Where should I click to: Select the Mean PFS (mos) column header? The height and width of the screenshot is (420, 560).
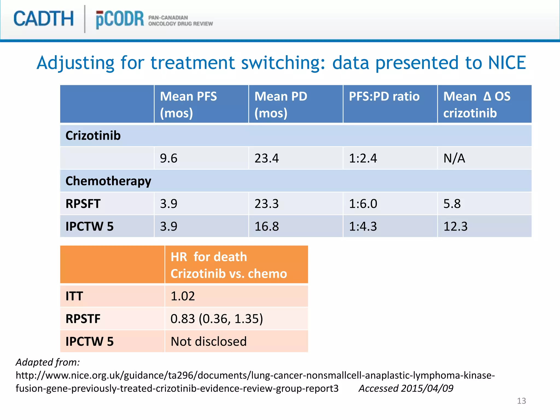[188, 104]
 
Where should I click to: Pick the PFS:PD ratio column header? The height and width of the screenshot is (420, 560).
[384, 97]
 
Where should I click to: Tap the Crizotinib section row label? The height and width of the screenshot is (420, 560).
[93, 136]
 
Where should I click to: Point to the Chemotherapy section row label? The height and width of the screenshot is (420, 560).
[108, 181]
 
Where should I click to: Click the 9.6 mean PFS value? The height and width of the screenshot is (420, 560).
[169, 158]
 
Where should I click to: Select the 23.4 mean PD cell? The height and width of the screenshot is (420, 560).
[267, 158]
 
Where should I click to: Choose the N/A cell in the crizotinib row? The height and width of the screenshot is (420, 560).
[454, 158]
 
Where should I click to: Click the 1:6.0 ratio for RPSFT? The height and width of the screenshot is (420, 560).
[363, 204]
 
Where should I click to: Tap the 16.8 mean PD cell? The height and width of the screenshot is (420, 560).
[267, 226]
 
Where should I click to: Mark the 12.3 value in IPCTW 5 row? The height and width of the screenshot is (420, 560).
[455, 226]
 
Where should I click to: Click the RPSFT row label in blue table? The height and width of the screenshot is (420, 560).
[83, 204]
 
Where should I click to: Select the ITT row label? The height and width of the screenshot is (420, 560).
[74, 296]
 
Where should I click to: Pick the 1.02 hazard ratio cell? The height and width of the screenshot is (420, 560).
[183, 296]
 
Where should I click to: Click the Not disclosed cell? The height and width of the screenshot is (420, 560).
[209, 342]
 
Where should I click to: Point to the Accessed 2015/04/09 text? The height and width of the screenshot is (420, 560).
[406, 388]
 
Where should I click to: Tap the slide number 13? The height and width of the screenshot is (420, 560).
[521, 401]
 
